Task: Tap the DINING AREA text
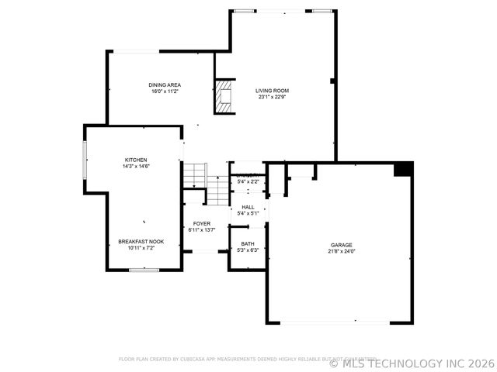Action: coord(165,84)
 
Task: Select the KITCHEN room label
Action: coord(136,160)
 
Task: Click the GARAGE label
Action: coord(341,245)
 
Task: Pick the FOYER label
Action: coord(202,224)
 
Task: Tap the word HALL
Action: coord(248,207)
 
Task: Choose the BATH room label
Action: coord(248,244)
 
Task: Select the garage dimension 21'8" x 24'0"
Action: coord(341,251)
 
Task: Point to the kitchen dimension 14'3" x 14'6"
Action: coord(136,166)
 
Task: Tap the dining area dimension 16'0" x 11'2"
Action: coord(165,91)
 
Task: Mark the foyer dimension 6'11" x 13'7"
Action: coord(202,230)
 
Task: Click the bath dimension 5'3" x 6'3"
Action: coord(248,250)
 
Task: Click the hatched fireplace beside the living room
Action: coord(224,96)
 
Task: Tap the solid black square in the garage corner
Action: coord(402,168)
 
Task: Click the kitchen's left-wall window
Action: coord(85,160)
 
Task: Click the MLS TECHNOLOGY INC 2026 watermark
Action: coord(411,363)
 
